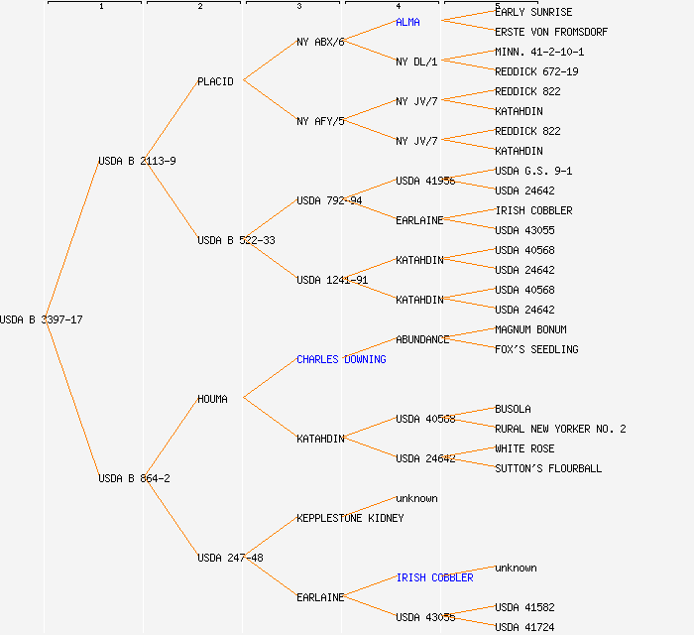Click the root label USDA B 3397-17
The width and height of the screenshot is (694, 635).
pos(41,319)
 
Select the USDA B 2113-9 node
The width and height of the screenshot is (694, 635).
pos(137,161)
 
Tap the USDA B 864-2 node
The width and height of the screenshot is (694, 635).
pos(134,478)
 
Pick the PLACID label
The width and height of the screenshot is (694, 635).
pos(215,81)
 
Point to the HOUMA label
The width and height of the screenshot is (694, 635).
pos(212,399)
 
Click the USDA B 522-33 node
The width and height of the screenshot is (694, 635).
pos(236,240)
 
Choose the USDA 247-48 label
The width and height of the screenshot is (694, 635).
pos(230,558)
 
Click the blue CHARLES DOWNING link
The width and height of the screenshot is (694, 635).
pos(341,359)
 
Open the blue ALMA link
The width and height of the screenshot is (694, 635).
pos(407,22)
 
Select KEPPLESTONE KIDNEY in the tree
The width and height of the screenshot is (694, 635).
pos(350,518)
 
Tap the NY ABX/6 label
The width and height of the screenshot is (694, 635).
pos(320,42)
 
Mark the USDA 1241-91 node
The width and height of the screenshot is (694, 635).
pos(332,280)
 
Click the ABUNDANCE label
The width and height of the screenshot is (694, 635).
pos(422,339)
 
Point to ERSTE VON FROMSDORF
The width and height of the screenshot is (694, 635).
pos(551,32)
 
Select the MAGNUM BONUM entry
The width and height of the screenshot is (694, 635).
pos(530,329)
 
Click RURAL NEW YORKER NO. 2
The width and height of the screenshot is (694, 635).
pos(560,429)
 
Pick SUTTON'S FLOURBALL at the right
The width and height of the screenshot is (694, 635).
pos(548,468)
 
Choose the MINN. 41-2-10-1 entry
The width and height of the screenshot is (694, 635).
pos(539,52)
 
